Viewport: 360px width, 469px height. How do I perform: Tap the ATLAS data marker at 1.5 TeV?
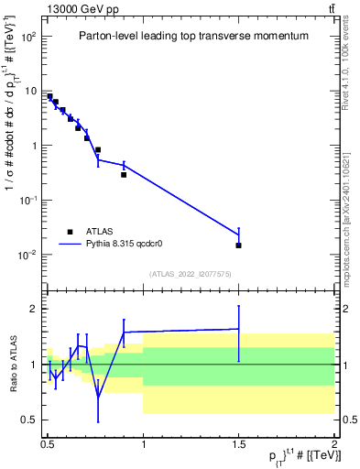tap(238, 245)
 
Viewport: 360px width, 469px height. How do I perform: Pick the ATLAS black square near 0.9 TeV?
tap(124, 174)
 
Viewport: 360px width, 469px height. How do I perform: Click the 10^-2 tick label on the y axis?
tap(28, 255)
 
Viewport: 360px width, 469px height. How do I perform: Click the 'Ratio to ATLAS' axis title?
tap(12, 364)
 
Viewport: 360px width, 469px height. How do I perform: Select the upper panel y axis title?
tap(12, 156)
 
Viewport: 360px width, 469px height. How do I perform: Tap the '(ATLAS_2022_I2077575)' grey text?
tap(191, 274)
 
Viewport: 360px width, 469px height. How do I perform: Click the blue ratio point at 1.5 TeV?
tap(238, 329)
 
